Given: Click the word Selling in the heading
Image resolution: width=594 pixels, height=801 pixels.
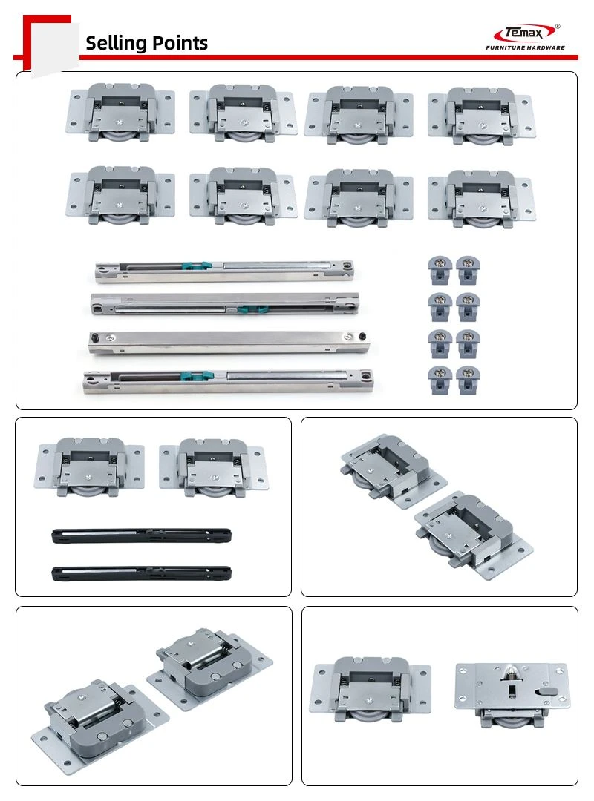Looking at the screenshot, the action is [114, 44].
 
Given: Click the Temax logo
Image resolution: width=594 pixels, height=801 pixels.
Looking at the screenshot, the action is [525, 33].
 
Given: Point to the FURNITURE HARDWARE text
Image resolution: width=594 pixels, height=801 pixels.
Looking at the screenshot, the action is [526, 47].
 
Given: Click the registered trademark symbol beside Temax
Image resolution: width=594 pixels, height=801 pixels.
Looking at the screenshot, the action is [557, 27].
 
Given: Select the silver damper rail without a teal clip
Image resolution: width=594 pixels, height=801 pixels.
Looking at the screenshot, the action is [229, 343].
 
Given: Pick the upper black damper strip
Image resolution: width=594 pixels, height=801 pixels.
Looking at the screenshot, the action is [141, 536].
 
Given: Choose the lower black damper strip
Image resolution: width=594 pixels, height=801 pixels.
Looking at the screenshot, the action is [141, 573].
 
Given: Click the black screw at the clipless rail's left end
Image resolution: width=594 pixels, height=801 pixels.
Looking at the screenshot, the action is [94, 337].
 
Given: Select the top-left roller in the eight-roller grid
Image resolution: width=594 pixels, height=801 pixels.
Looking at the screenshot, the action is [121, 113].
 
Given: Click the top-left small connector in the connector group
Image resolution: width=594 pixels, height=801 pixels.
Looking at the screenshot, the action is [440, 270].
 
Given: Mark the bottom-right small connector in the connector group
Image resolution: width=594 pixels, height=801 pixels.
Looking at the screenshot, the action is [468, 380].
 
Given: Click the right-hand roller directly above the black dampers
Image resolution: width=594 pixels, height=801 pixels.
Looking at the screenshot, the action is [212, 468].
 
